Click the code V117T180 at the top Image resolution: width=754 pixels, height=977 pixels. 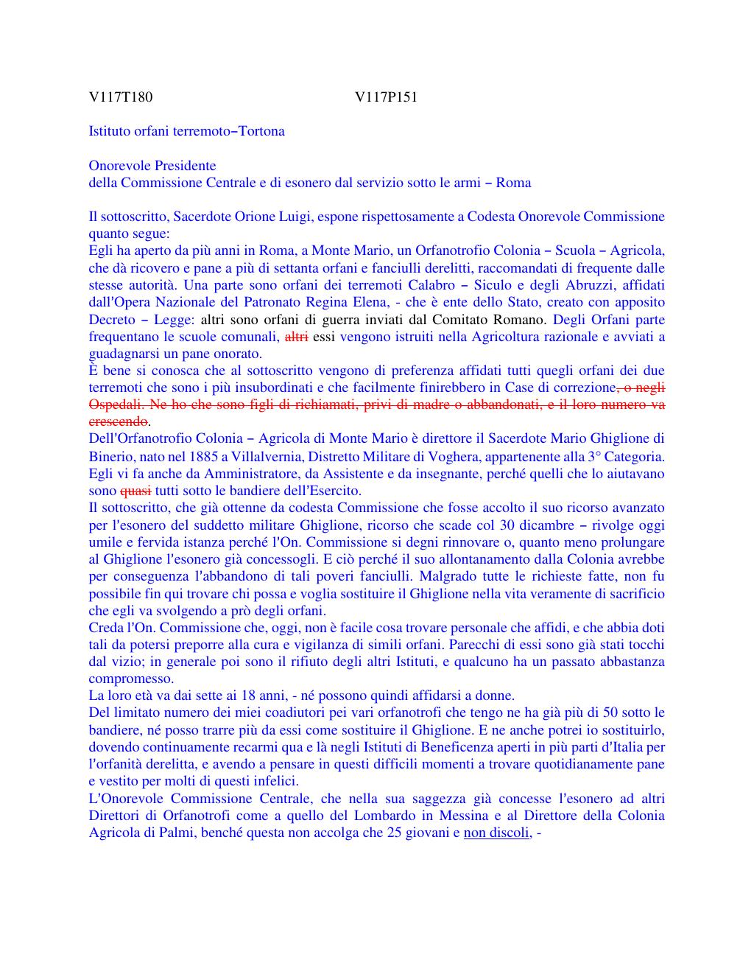click(121, 97)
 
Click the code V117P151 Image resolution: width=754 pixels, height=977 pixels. click(386, 97)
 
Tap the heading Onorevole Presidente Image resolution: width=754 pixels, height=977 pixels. click(152, 165)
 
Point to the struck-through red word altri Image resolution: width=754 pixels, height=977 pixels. click(296, 337)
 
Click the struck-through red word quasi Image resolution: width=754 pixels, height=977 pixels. click(135, 490)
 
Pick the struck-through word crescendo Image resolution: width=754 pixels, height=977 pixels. click(119, 421)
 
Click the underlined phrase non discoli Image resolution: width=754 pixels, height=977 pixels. click(496, 833)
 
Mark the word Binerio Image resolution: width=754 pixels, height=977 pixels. click(112, 456)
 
